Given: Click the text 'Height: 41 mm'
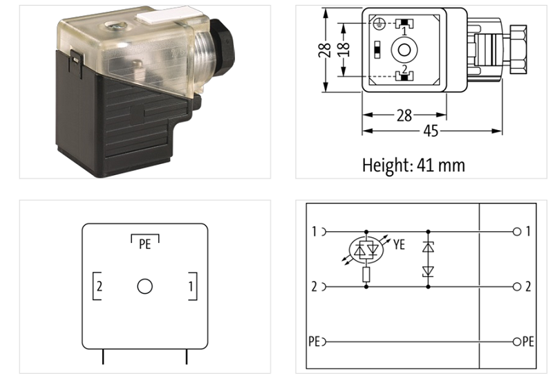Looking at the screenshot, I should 413,165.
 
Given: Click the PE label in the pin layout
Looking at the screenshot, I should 145,244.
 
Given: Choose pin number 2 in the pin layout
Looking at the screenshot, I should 100,286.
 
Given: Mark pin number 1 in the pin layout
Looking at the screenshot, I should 191,286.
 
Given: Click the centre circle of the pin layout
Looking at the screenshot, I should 144,286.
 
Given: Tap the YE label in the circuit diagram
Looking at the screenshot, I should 399,244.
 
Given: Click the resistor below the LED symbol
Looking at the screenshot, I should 366,275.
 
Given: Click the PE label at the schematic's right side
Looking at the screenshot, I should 527,342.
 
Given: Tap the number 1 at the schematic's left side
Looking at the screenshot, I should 314,232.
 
